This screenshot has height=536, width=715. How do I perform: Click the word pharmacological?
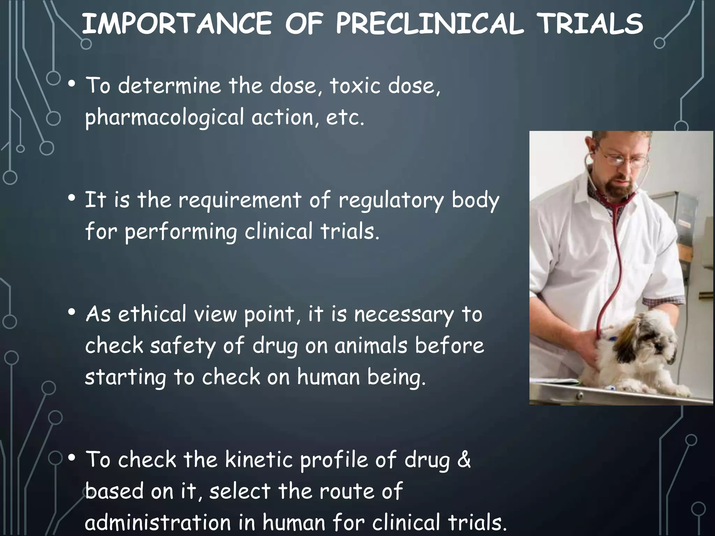164,118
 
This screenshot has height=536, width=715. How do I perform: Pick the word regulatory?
391,201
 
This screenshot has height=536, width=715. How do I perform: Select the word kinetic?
259,460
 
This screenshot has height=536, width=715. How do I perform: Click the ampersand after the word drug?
464,460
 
